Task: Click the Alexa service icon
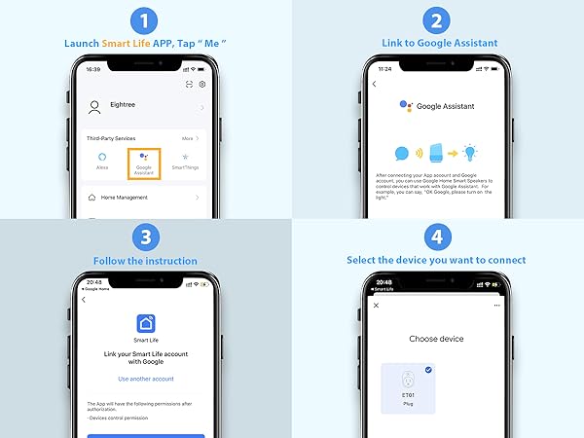[x=103, y=158]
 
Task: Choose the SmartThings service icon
[x=185, y=158]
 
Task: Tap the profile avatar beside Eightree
[x=95, y=107]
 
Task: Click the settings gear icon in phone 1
[x=201, y=85]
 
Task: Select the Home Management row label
[x=125, y=198]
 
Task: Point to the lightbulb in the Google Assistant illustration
[x=471, y=152]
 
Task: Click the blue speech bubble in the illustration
[x=402, y=154]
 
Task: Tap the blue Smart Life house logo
[x=145, y=324]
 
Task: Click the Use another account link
[x=145, y=379]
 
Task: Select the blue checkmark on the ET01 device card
[x=456, y=370]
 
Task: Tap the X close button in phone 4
[x=377, y=306]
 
